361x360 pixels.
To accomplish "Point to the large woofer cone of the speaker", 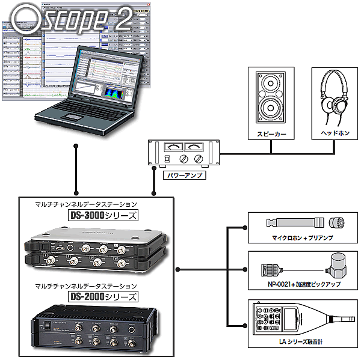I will pyautogui.click(x=268, y=108).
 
